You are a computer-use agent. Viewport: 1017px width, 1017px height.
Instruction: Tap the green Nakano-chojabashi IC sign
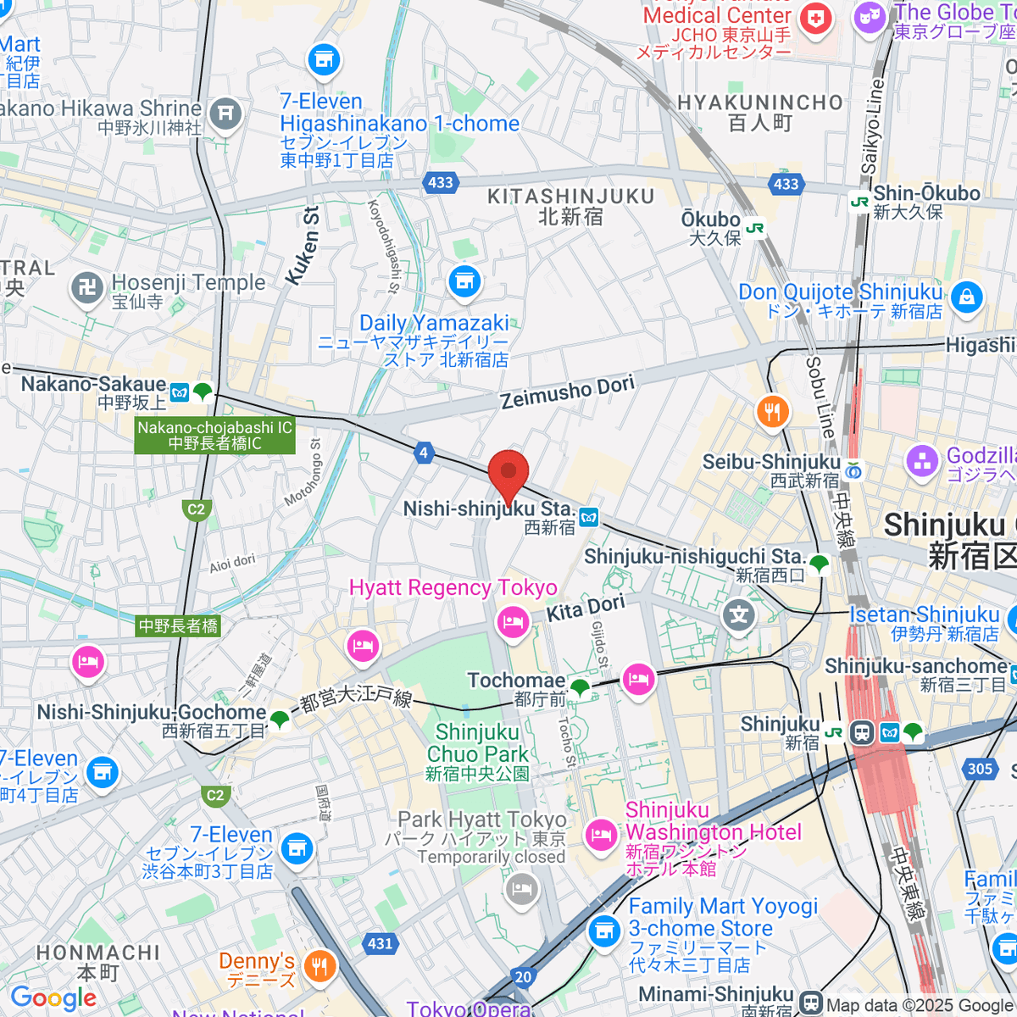click(x=214, y=436)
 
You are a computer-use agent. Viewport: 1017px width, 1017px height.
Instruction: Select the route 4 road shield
click(x=424, y=453)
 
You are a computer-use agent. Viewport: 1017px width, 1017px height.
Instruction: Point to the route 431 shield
click(x=381, y=943)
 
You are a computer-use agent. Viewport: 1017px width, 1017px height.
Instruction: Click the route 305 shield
click(x=980, y=769)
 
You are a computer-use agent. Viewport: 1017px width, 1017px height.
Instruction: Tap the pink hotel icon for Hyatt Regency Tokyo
click(x=513, y=623)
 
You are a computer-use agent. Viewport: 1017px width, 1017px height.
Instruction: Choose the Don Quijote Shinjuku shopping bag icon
click(x=966, y=297)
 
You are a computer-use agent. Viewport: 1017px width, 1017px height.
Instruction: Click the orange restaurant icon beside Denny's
click(x=320, y=965)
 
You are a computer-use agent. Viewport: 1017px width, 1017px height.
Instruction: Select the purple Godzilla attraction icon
click(x=922, y=462)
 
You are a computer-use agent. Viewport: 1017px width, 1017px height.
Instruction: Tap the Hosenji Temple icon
click(x=87, y=287)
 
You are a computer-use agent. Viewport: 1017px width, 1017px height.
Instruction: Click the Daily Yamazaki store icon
click(x=464, y=281)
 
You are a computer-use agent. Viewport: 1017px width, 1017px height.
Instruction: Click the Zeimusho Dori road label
click(x=567, y=392)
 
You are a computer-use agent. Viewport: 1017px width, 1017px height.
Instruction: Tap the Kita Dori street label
click(x=586, y=608)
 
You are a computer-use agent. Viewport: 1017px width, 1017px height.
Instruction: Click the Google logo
click(x=53, y=998)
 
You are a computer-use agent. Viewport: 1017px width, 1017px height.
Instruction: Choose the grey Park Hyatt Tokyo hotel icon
click(x=521, y=889)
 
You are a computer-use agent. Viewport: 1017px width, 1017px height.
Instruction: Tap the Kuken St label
click(x=303, y=245)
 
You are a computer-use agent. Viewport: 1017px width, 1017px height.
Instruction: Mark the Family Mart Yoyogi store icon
click(x=603, y=931)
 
